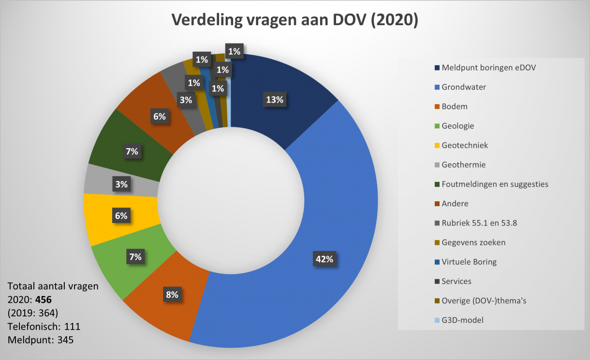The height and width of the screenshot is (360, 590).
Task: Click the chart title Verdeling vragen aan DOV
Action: coord(295,20)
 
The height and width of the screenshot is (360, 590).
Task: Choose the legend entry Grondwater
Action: coord(464,87)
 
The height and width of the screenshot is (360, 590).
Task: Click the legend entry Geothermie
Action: coord(463,165)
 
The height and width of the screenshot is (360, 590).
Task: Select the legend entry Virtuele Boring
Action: coord(469,262)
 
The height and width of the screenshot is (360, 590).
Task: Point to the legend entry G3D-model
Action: coord(462,320)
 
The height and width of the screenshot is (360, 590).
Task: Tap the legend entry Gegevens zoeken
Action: coord(473,242)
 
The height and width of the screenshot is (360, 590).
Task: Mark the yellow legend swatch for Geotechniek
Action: coord(437,146)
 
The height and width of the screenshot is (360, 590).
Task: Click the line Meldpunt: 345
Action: coord(41,340)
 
